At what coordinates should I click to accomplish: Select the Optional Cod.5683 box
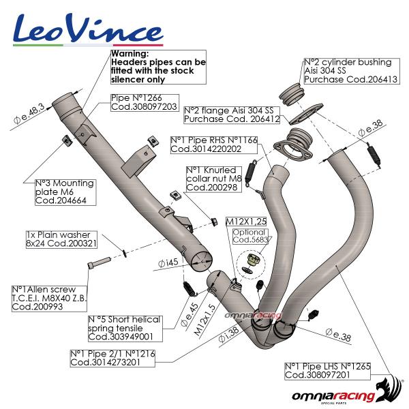[x=250, y=235]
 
